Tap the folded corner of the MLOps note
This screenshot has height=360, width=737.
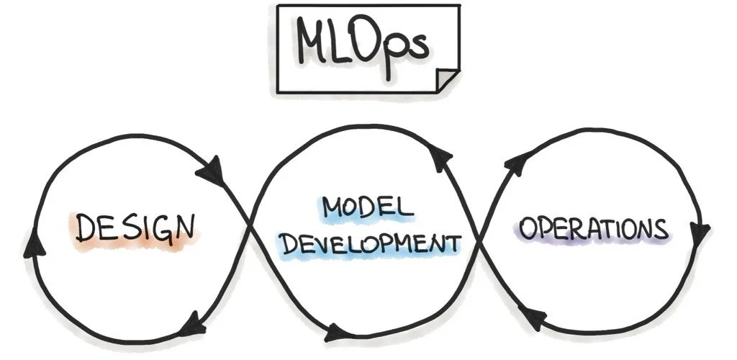point(448,80)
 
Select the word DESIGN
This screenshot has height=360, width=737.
point(136,229)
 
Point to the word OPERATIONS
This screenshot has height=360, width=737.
point(594,229)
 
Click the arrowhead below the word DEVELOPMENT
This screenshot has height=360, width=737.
point(337,333)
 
